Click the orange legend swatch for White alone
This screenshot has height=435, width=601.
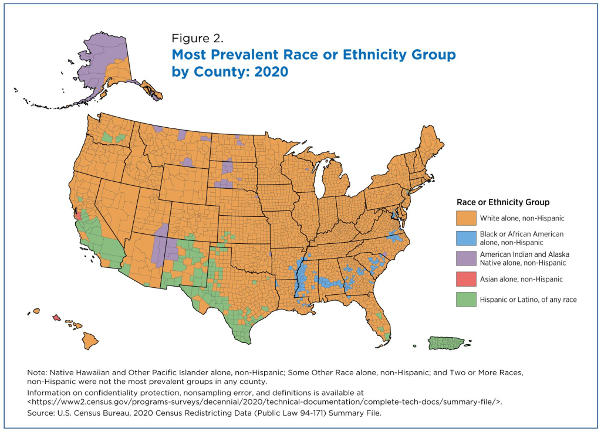coord(466,218)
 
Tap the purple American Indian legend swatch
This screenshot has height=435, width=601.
coord(466,259)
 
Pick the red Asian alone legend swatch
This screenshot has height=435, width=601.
coord(466,279)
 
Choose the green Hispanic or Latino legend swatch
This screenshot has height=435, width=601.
coord(466,299)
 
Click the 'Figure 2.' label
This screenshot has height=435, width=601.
coord(197,39)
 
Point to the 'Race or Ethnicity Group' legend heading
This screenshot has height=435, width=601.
coord(502,202)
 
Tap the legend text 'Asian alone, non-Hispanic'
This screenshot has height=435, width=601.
coord(521,279)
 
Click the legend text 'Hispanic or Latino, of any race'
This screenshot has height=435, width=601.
coord(528,299)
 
